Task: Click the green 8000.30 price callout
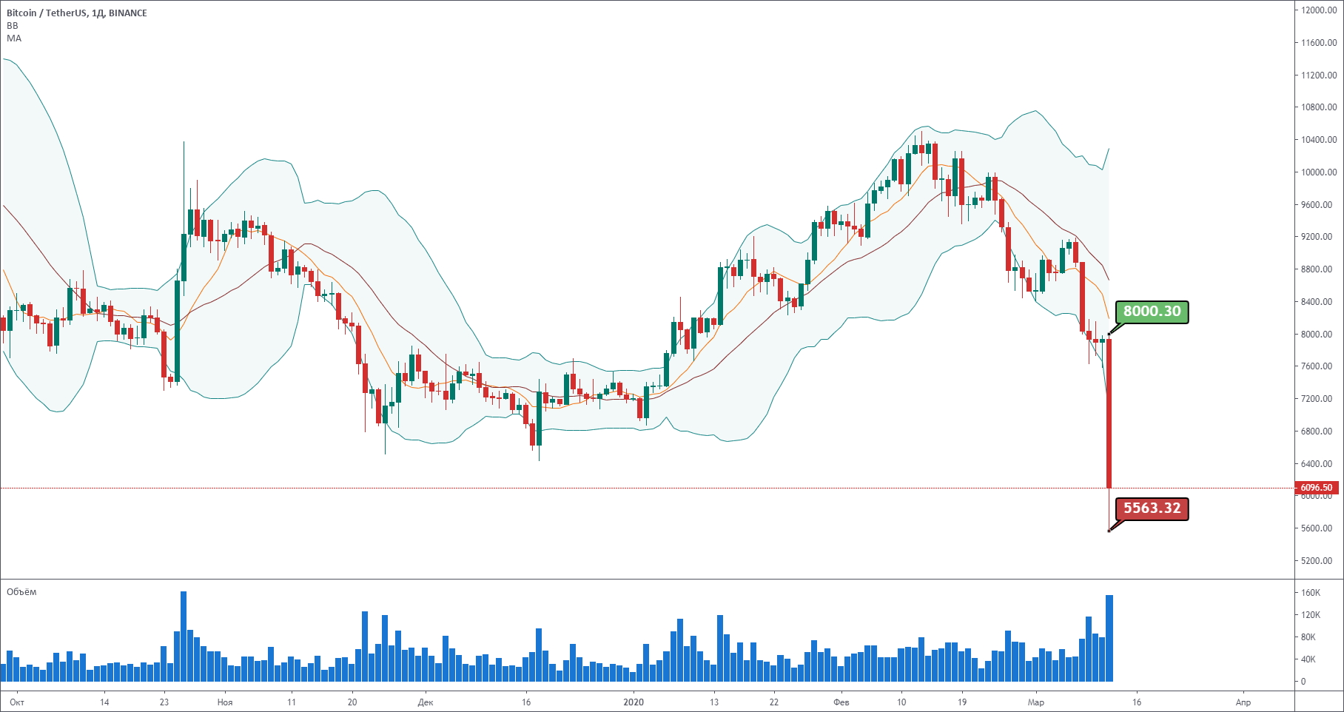pos(1152,312)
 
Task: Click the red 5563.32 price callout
pos(1152,508)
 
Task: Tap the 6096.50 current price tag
pos(1316,488)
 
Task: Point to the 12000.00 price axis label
pos(1320,10)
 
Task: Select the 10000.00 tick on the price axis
pos(1320,172)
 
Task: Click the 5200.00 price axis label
pos(1320,561)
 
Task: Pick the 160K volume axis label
pos(1311,593)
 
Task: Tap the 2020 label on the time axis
pos(634,702)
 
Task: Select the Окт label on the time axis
pos(17,702)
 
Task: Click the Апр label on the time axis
pos(1243,702)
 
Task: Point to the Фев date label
pos(841,702)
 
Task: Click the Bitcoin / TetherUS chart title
pos(77,13)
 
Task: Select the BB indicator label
pos(13,26)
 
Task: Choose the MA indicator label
pos(14,38)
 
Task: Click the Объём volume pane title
pos(21,592)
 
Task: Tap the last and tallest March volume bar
pos(1109,638)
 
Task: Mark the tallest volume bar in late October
pos(184,637)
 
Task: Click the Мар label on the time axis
pos(1036,702)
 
